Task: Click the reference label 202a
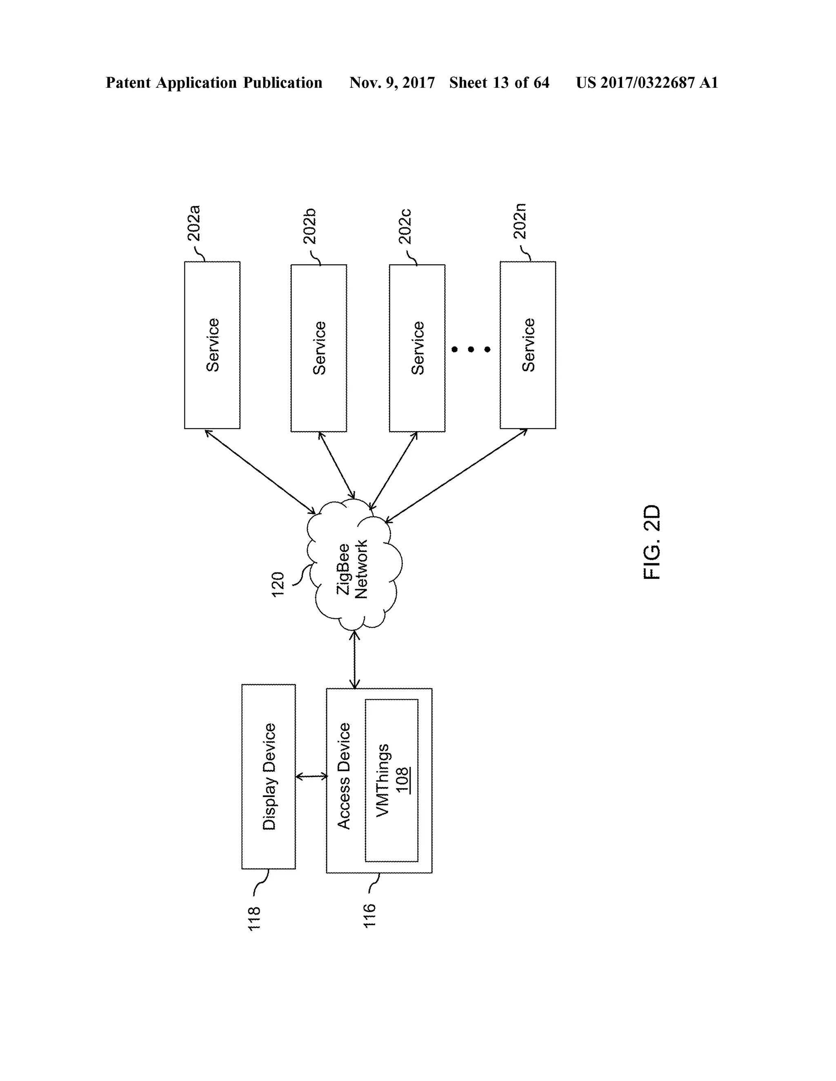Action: (x=193, y=223)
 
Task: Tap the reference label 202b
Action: (x=309, y=226)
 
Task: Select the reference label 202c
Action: (x=405, y=226)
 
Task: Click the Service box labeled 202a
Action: (x=212, y=345)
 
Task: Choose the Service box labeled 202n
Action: (x=528, y=345)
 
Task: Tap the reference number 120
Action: (x=278, y=584)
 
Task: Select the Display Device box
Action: (x=269, y=777)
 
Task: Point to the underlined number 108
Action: (x=402, y=780)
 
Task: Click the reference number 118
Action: (x=254, y=919)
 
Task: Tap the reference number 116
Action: (x=369, y=916)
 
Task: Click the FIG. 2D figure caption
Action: (x=652, y=542)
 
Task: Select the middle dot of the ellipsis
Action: (x=471, y=350)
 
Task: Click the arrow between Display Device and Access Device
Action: (x=311, y=777)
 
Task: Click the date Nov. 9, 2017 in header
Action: (x=392, y=83)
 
